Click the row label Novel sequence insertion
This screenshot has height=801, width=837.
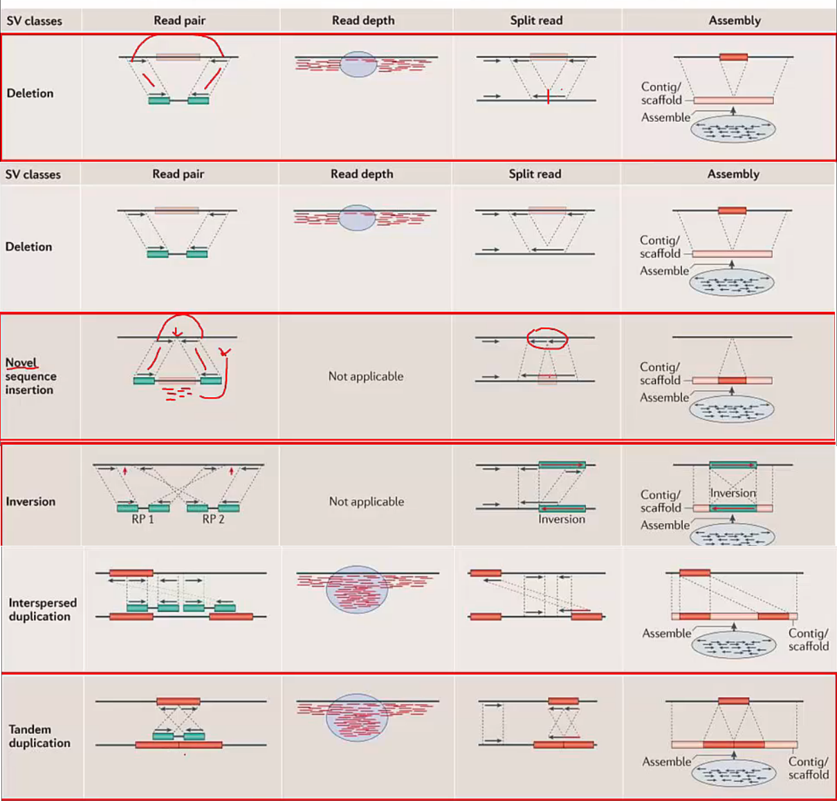point(30,376)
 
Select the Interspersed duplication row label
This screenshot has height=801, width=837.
point(42,609)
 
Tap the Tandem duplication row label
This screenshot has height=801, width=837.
point(39,736)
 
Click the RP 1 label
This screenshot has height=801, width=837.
point(142,519)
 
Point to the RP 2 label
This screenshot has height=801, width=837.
point(213,519)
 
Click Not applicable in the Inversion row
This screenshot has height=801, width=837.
point(366,501)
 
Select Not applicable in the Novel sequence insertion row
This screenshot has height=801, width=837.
point(365,376)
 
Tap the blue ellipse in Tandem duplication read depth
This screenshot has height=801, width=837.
point(357,717)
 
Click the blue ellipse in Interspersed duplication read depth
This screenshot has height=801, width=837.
point(357,589)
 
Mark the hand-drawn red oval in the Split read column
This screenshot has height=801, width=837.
point(547,338)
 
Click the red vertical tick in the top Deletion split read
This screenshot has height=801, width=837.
point(548,96)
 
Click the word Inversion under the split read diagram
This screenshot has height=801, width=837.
point(562,519)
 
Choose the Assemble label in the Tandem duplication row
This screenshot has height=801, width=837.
point(666,762)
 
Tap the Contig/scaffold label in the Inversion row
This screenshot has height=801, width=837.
point(661,501)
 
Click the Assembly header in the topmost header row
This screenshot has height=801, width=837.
point(734,20)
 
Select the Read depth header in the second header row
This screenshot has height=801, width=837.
point(362,174)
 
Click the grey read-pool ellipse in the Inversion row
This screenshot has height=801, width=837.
point(733,535)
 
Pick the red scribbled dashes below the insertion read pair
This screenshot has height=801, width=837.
point(177,394)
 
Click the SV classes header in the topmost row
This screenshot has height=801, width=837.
point(34,21)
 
